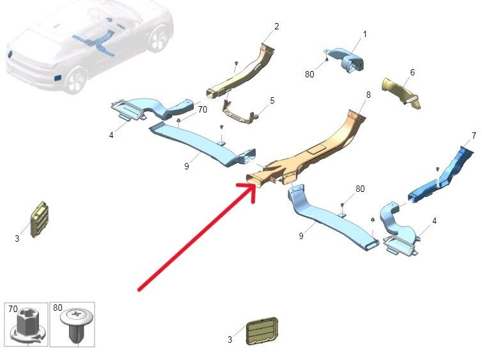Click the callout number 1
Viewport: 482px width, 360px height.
(x=365, y=34)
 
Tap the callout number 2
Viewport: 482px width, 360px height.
(x=276, y=26)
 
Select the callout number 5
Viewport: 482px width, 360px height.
(x=272, y=100)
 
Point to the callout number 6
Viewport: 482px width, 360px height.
(x=412, y=72)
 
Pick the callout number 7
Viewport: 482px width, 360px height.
(x=474, y=136)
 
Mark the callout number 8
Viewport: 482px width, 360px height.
(x=368, y=95)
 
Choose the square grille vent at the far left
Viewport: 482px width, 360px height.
(x=39, y=219)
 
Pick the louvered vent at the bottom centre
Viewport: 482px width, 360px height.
(x=261, y=331)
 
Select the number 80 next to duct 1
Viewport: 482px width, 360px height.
(x=309, y=74)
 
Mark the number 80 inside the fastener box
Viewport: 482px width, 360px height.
(x=58, y=308)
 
